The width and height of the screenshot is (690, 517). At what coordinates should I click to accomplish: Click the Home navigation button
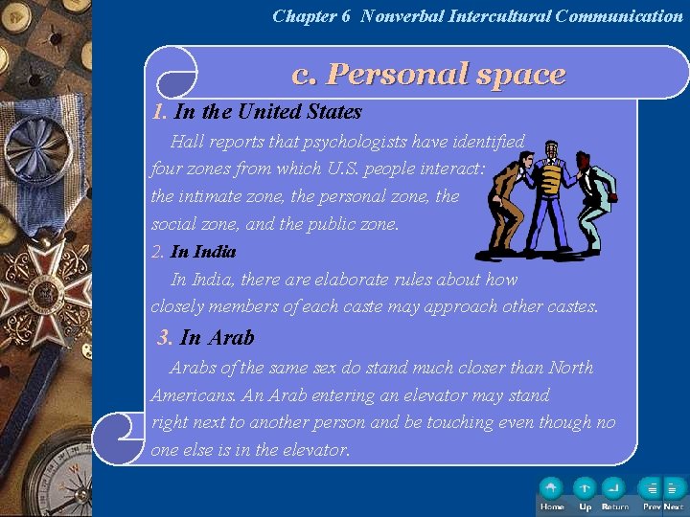pos(552,489)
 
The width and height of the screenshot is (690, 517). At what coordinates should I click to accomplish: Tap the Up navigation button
pos(585,489)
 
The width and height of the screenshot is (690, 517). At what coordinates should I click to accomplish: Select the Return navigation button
pos(614,489)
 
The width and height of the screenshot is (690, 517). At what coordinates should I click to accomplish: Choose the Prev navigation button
pos(651,489)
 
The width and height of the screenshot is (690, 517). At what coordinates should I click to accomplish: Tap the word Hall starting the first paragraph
pos(189,143)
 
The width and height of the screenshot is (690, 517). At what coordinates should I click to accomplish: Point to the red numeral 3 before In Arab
pos(166,338)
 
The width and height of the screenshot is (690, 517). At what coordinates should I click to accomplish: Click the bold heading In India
pos(203,252)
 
